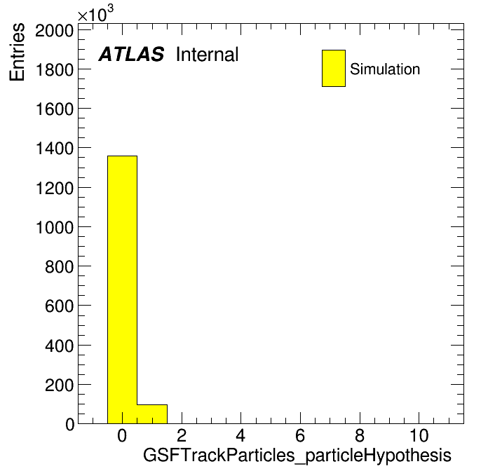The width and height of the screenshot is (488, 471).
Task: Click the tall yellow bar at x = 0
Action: [x=122, y=289]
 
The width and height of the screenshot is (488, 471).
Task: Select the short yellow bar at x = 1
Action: [x=152, y=414]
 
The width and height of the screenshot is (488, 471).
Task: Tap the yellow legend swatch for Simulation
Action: [x=334, y=68]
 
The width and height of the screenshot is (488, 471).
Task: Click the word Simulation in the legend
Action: [x=385, y=69]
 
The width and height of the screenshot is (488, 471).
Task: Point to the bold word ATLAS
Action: [x=131, y=54]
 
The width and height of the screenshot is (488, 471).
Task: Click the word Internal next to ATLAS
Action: [x=208, y=54]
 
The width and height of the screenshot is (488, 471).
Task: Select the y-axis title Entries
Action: [x=17, y=52]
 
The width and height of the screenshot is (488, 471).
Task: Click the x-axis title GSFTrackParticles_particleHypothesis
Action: [x=297, y=456]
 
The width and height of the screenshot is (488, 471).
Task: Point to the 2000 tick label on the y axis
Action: [x=54, y=30]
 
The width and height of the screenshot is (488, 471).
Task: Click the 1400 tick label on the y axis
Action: [x=55, y=148]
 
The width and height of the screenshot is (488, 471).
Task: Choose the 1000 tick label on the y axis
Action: [x=55, y=227]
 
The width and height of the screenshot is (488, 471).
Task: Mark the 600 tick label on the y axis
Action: [x=59, y=306]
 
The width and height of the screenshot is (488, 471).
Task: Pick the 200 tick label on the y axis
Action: [x=59, y=385]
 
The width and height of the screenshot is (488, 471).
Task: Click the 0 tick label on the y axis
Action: [x=69, y=424]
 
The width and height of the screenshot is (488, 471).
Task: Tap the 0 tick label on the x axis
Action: [x=122, y=435]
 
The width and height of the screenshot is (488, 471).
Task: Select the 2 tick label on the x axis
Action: [x=182, y=435]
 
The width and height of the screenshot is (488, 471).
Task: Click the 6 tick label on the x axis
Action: [x=300, y=435]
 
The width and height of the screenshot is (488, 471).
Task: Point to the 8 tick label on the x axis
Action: [x=360, y=435]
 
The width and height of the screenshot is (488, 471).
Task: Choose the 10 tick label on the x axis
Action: [x=419, y=435]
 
